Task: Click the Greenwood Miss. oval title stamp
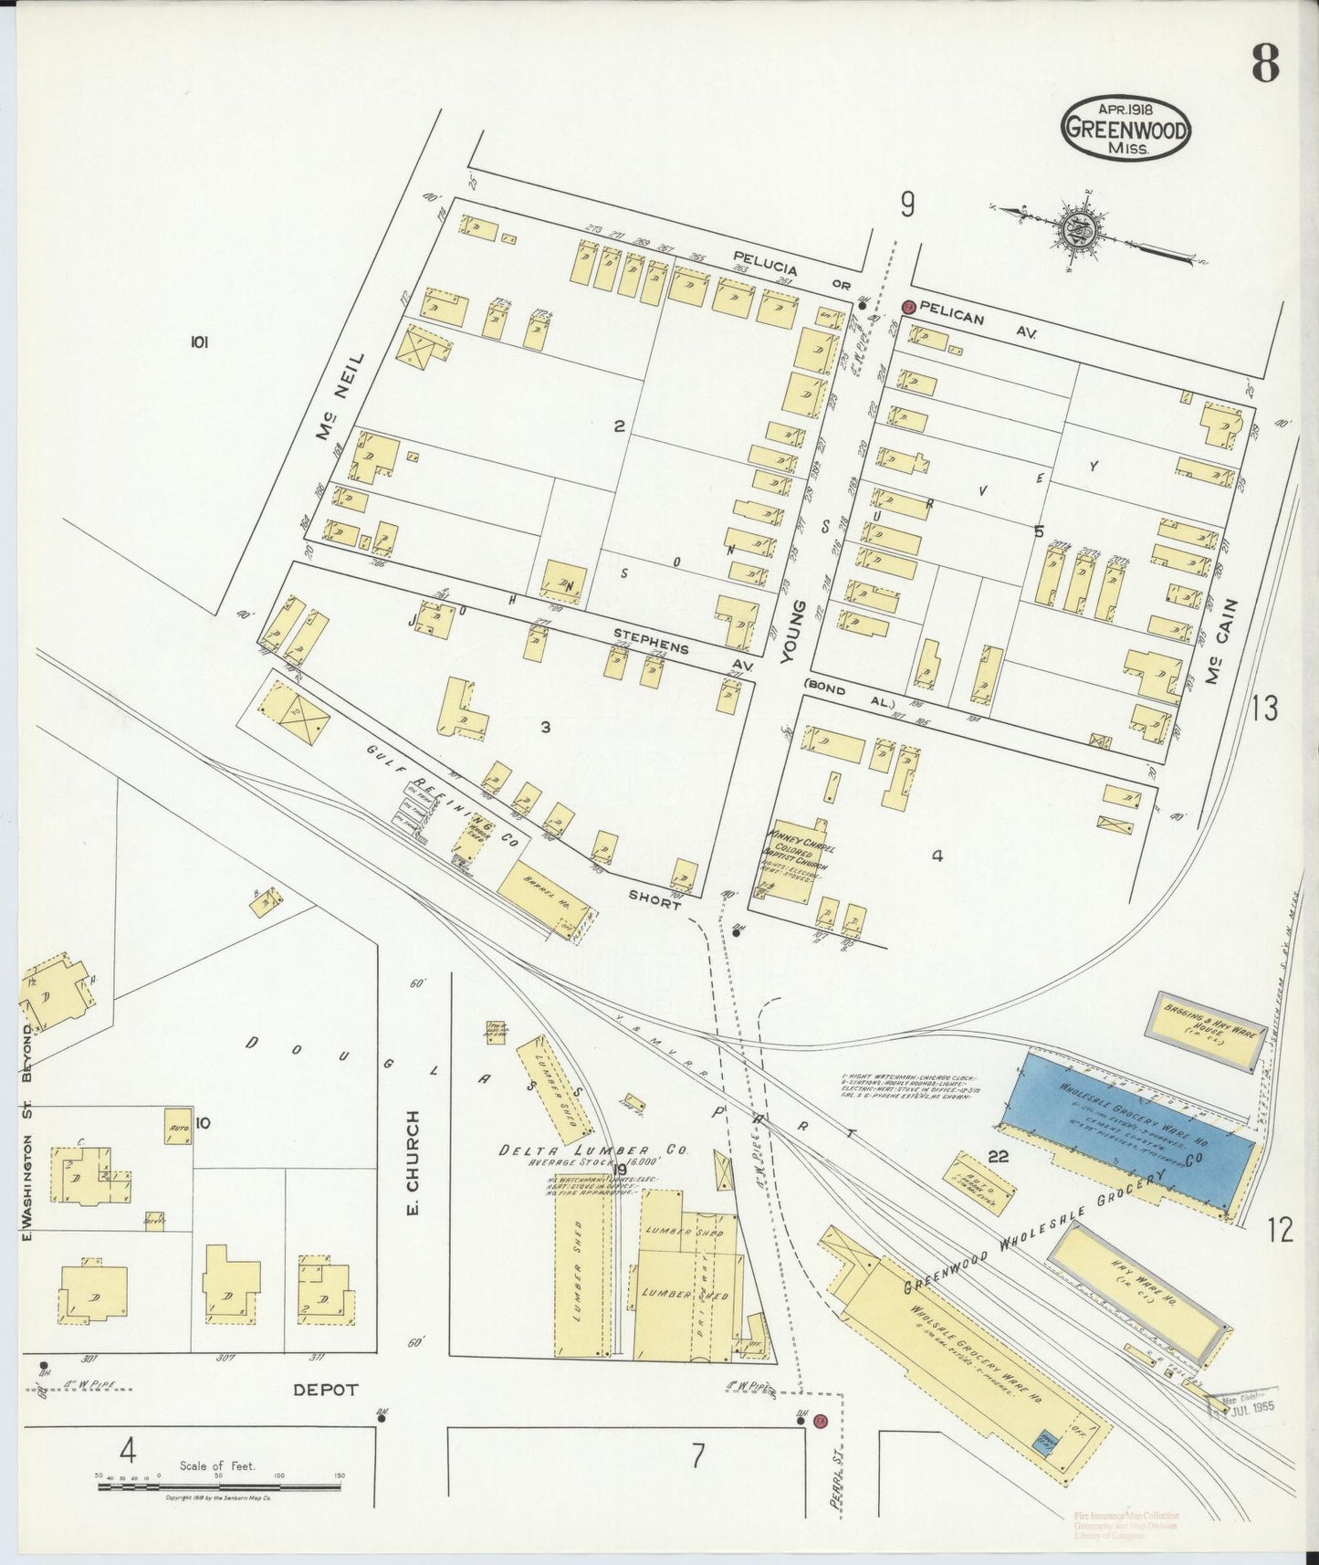(1125, 127)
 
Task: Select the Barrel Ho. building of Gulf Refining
(541, 895)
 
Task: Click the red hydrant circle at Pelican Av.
(908, 308)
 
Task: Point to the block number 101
(199, 342)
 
